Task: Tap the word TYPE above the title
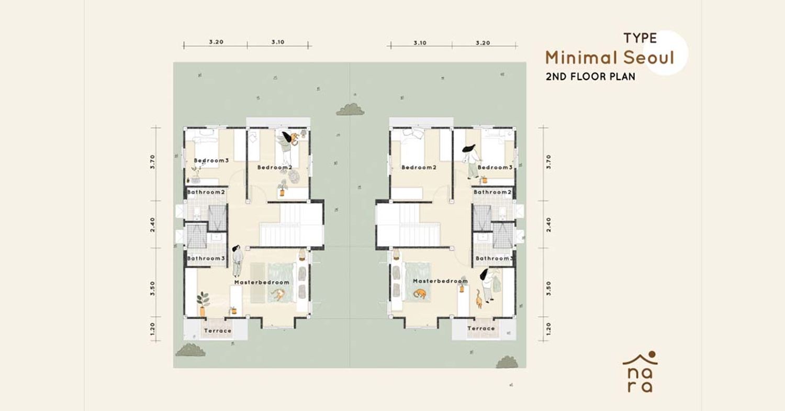[x=640, y=38]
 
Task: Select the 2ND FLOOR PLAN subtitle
[x=590, y=76]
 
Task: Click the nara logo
[x=640, y=372]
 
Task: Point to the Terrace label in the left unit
[x=218, y=331]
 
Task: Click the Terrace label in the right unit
[x=481, y=328]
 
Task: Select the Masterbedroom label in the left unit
[x=262, y=282]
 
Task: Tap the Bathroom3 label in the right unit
[x=495, y=259]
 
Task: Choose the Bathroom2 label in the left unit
[x=206, y=192]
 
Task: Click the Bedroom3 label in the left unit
[x=211, y=161]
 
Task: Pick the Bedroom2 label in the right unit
[x=419, y=167]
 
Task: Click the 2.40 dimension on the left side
[x=152, y=225]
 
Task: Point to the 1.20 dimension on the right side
[x=549, y=329]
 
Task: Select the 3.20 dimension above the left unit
[x=216, y=42]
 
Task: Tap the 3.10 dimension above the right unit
[x=420, y=43]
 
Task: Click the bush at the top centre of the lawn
[x=350, y=109]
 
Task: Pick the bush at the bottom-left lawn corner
[x=190, y=350]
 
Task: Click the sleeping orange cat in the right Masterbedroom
[x=420, y=294]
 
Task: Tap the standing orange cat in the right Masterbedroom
[x=479, y=299]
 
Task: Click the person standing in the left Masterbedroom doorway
[x=237, y=261]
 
